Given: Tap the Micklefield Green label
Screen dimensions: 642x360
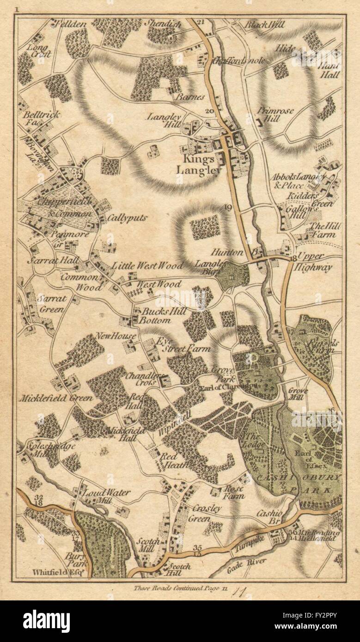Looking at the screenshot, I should coord(51,397).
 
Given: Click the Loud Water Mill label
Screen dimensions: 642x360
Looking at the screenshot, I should coord(106,496).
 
